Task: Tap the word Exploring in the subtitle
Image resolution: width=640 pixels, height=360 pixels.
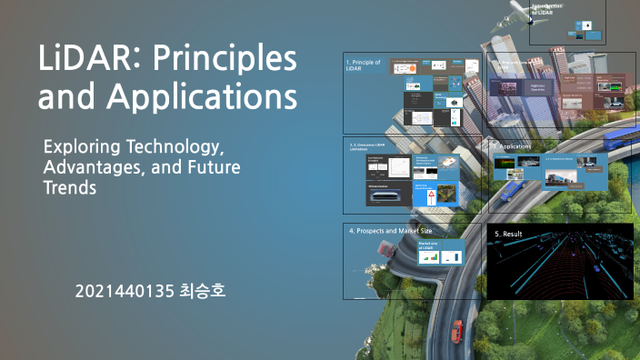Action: tap(86, 145)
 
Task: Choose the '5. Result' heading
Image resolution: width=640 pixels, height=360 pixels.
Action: tap(509, 235)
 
